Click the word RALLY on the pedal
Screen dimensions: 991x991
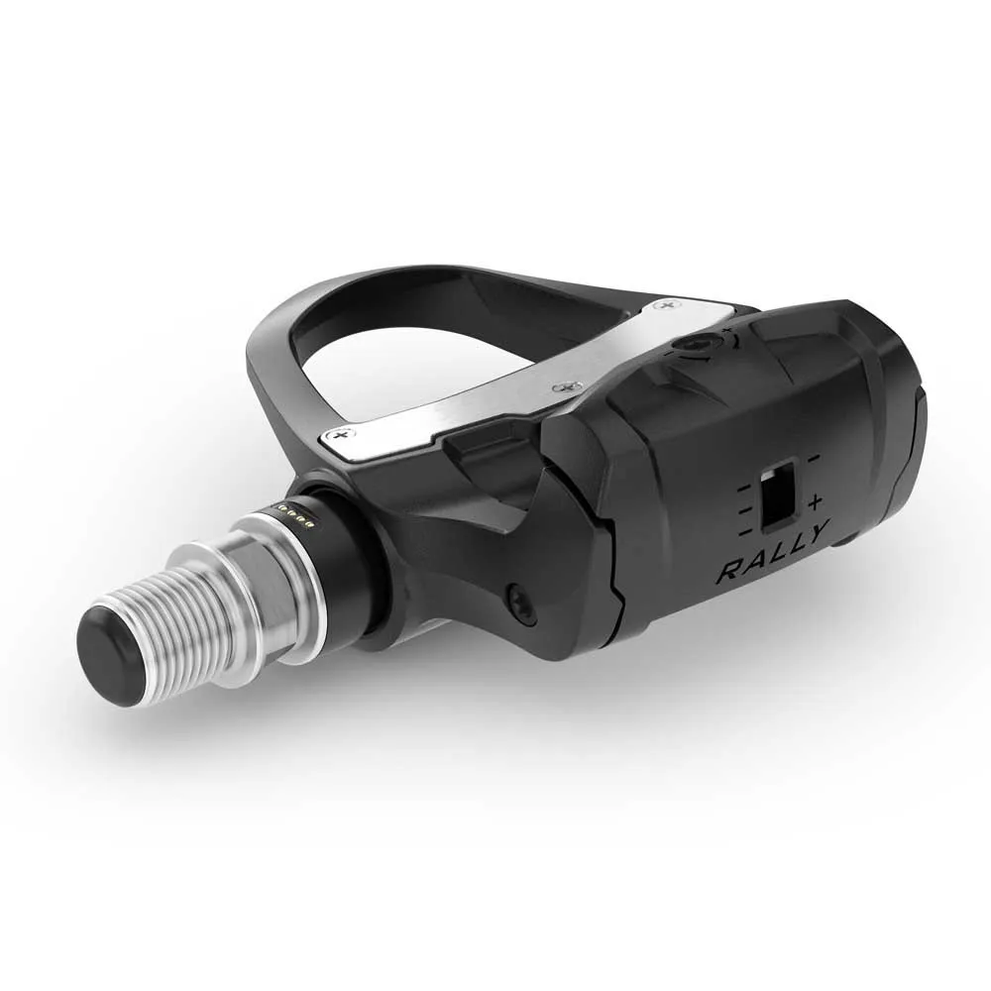coord(772,554)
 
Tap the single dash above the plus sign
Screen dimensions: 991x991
coord(814,457)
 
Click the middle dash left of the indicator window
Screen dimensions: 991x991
coord(746,509)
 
